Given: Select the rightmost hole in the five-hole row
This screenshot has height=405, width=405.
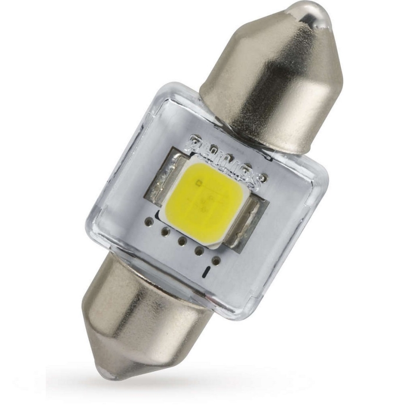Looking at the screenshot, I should (216, 259).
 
